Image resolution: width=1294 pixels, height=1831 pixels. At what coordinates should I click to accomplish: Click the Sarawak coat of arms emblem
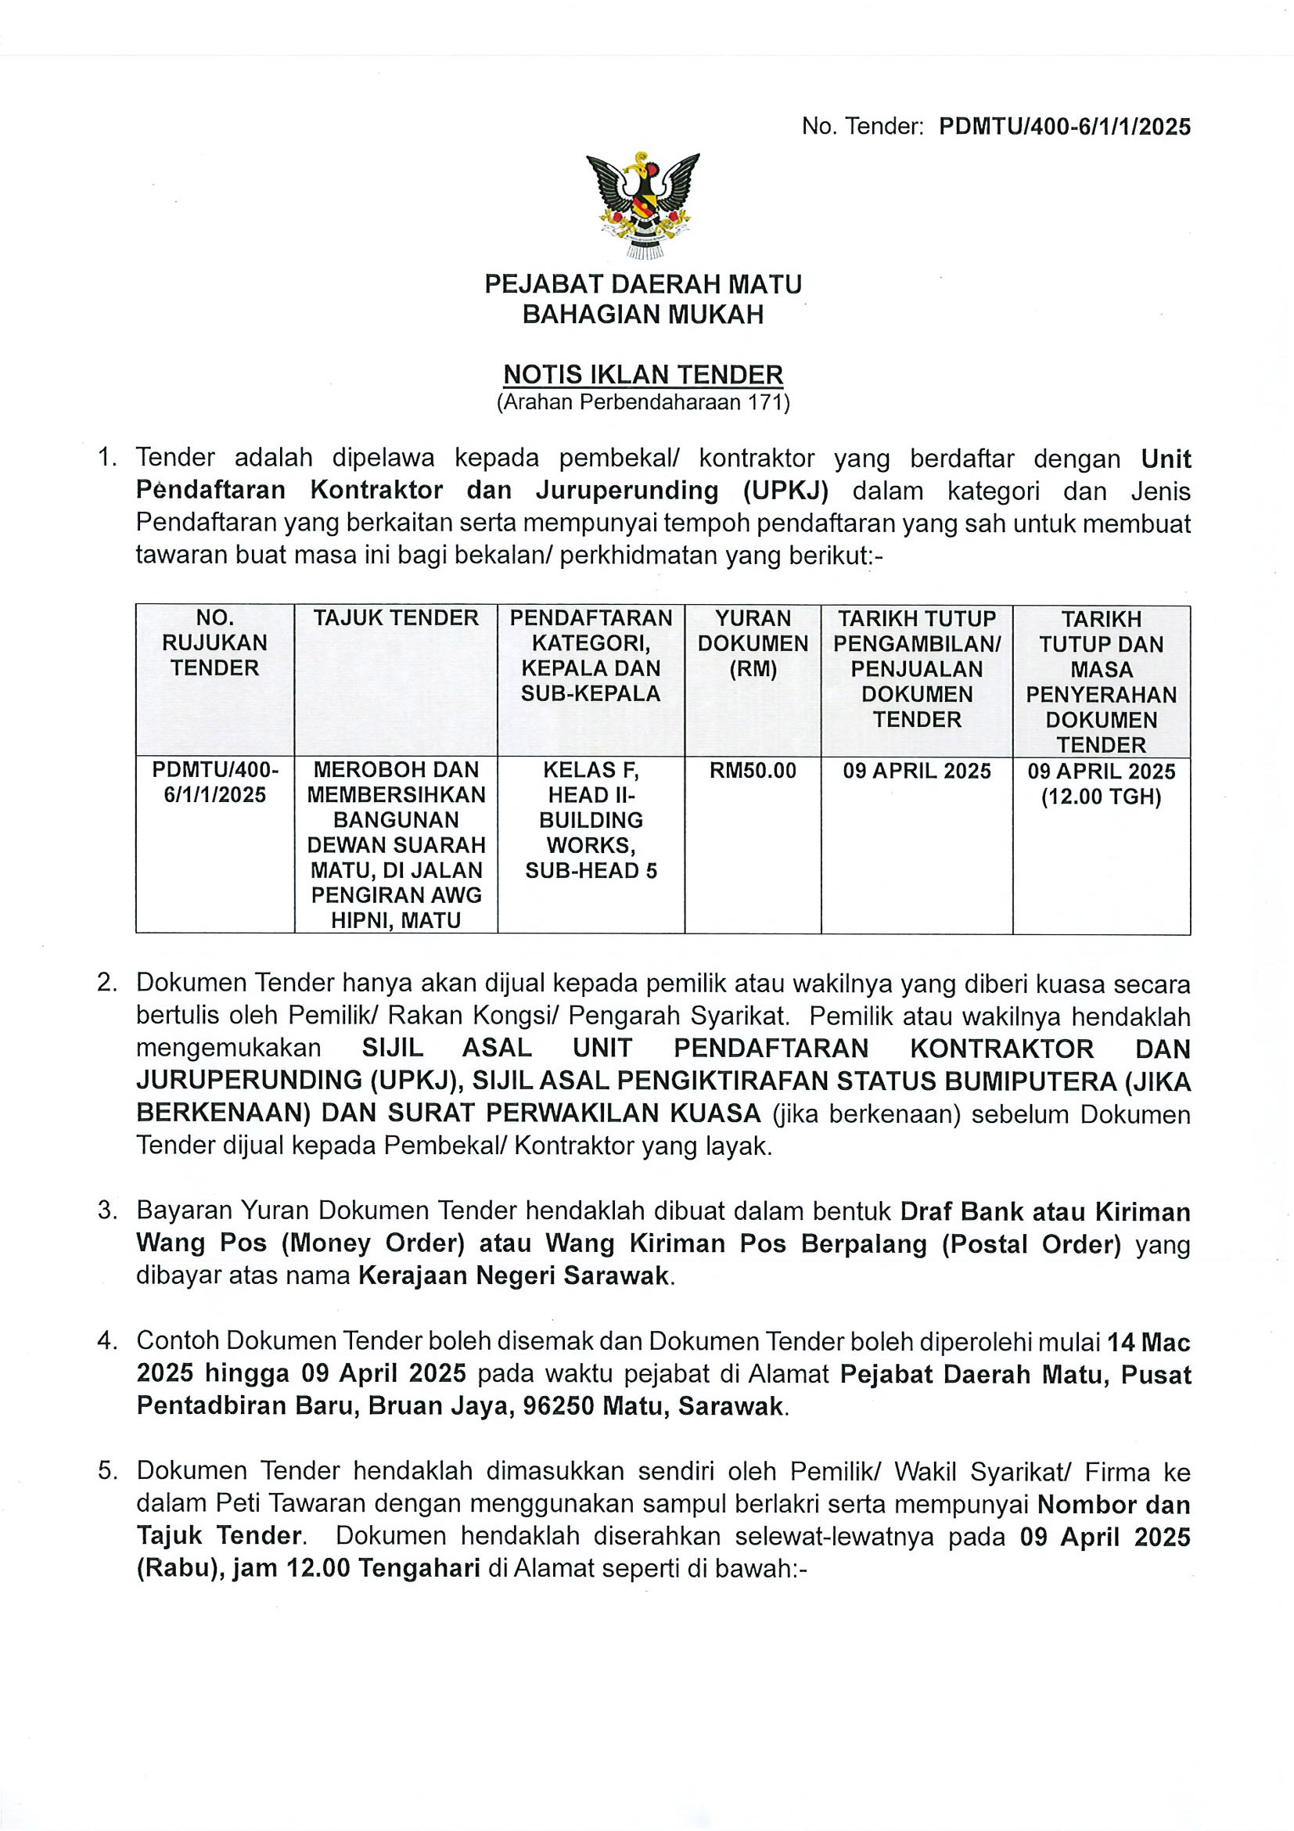click(x=642, y=205)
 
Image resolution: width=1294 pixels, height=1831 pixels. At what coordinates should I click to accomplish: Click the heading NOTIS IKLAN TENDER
click(x=642, y=374)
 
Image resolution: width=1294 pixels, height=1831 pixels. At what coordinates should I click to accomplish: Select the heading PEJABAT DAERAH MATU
click(x=642, y=284)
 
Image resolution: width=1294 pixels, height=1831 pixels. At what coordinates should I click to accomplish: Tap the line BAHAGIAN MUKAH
click(x=642, y=315)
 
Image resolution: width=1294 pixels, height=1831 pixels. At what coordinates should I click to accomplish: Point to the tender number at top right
click(x=1064, y=127)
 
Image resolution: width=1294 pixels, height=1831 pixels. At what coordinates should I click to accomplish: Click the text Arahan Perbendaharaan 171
click(x=642, y=402)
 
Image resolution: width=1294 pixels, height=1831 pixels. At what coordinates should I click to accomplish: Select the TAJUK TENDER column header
click(x=395, y=618)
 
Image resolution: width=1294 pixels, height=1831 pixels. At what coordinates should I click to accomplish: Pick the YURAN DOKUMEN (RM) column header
click(x=753, y=642)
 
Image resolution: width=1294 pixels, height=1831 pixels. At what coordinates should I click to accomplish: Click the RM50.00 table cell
click(x=753, y=771)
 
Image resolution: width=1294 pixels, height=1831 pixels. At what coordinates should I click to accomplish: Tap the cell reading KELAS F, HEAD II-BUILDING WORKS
click(x=591, y=820)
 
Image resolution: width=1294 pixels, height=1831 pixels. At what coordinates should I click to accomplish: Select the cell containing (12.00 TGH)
click(x=1101, y=797)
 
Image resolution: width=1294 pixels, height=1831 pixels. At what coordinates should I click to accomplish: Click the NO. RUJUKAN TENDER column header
click(x=214, y=642)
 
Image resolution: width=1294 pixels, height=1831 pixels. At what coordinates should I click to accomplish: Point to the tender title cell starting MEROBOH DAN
click(x=395, y=844)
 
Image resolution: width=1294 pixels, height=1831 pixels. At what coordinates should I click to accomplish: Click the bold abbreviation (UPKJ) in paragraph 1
click(x=786, y=491)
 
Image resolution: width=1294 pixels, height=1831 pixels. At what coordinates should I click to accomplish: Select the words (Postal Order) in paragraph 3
click(x=1031, y=1243)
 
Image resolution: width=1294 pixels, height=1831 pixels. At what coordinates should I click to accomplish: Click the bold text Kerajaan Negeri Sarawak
click(x=513, y=1276)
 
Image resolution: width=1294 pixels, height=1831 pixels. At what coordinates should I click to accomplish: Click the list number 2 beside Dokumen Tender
click(x=107, y=984)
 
